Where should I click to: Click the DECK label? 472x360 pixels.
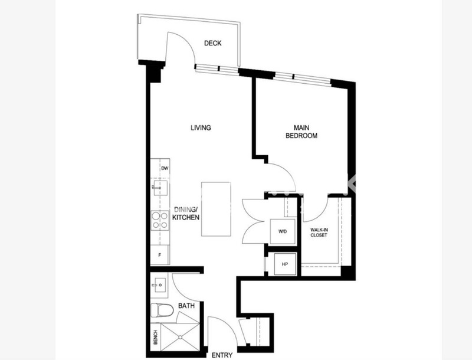point(212,43)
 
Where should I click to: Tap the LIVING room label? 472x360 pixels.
point(201,127)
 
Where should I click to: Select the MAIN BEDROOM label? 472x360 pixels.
point(301,132)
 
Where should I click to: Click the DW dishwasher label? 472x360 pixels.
point(165,169)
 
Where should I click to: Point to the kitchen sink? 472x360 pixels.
point(160,188)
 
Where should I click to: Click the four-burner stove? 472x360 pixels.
point(160,221)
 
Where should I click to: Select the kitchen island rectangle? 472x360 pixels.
point(216,209)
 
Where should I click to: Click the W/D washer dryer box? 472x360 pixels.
point(283,231)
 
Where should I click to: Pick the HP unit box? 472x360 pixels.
point(285,264)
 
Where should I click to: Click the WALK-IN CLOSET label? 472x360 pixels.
point(319,233)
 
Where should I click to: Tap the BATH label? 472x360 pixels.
point(186,306)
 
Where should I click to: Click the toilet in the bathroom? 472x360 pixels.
point(162,310)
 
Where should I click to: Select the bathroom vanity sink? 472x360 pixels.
point(159,284)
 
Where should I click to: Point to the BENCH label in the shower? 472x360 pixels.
point(155,337)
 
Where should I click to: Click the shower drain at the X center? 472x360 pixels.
point(180,337)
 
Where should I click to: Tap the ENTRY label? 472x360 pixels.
point(222,355)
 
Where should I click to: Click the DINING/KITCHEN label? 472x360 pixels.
point(186,214)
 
